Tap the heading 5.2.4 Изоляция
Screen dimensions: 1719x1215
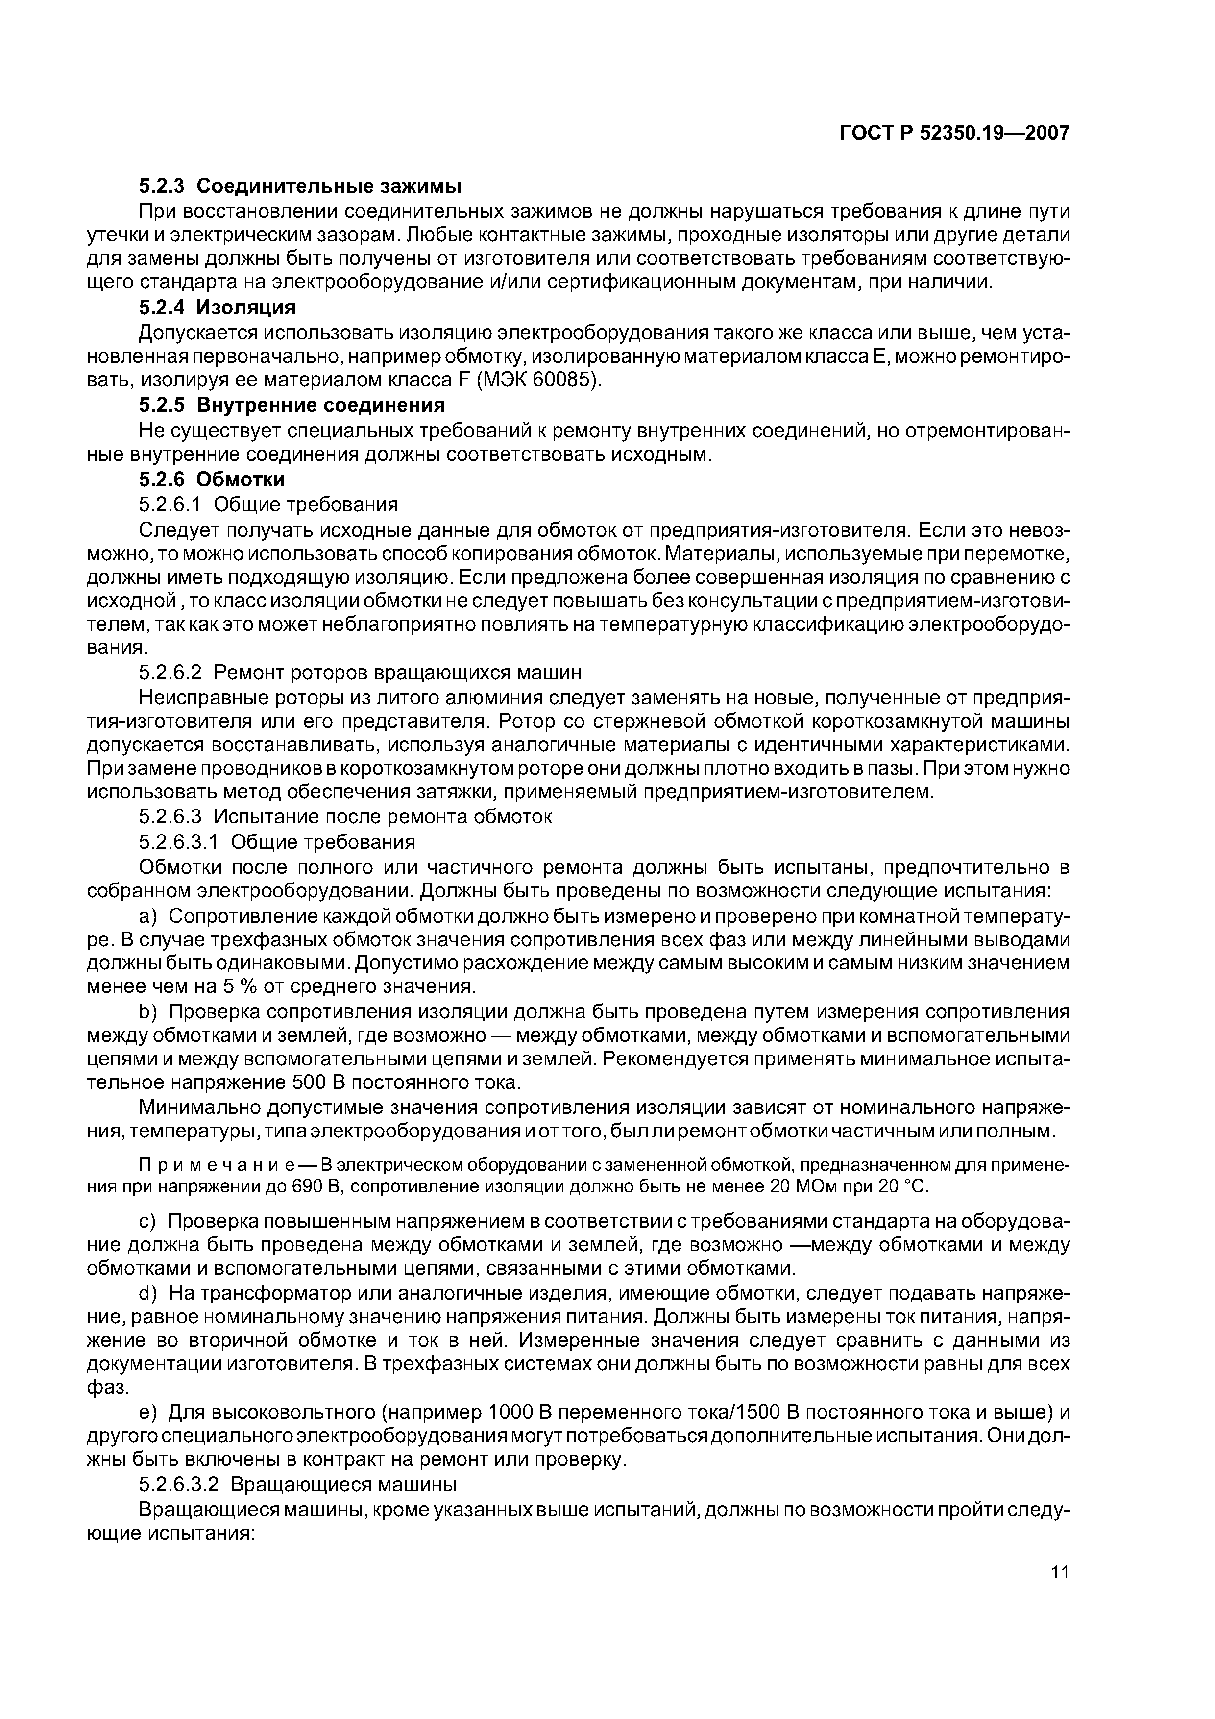point(217,308)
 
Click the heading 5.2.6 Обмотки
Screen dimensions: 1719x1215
point(212,478)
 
